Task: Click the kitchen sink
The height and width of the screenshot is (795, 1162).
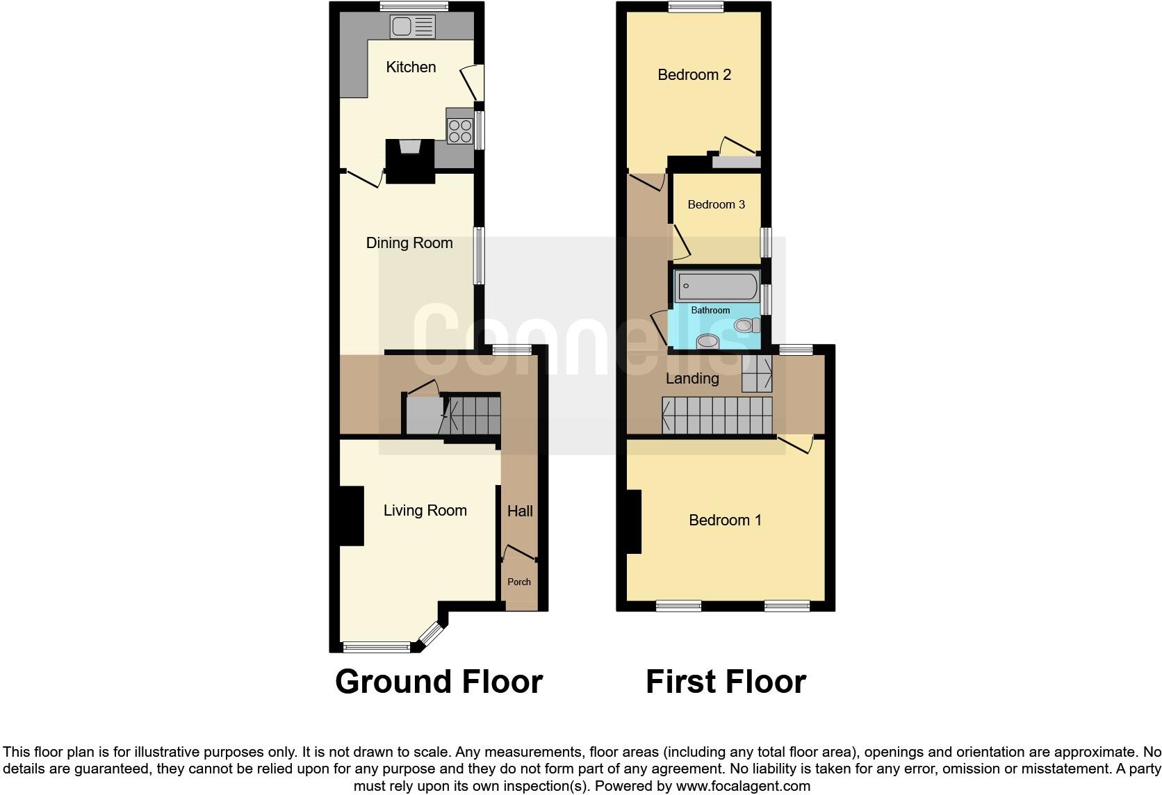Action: click(413, 27)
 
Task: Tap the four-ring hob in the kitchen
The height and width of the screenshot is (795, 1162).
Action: click(460, 131)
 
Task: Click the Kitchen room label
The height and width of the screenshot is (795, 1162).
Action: click(411, 67)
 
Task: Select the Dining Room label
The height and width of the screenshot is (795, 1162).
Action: click(409, 243)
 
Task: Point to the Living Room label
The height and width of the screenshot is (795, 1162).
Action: click(425, 511)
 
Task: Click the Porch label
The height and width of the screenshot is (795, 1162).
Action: click(519, 582)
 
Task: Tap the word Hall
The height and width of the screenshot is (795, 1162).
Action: click(520, 511)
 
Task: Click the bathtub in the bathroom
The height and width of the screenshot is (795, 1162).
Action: click(717, 286)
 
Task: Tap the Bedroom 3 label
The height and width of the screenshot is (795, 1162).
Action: click(716, 204)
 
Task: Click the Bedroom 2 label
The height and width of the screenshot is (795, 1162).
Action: click(694, 75)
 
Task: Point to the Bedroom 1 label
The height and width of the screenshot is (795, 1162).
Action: click(725, 521)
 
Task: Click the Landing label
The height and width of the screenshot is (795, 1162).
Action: click(692, 379)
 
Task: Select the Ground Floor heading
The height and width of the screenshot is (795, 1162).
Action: click(439, 682)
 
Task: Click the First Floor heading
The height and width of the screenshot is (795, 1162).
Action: click(726, 682)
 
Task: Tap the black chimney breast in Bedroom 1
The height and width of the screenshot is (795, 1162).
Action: click(633, 521)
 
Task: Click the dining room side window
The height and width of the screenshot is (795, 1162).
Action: click(479, 255)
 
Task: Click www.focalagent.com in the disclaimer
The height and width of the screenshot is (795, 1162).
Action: click(743, 787)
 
